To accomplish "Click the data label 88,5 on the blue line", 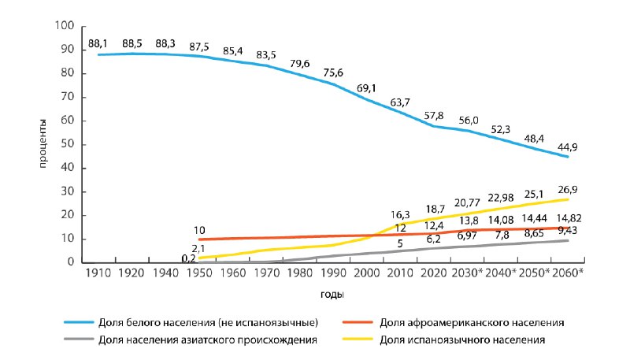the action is (132, 43).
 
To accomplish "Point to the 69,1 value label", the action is (366, 88).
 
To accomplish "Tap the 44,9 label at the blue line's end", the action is (567, 147).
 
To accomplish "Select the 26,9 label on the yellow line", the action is (567, 189).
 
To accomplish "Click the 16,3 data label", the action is (400, 216).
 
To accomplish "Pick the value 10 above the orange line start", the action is (199, 231).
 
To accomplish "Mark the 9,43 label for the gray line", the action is (568, 230).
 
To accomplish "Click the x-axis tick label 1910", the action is (98, 273).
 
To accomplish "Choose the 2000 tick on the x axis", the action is (366, 273).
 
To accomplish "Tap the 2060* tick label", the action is (567, 273).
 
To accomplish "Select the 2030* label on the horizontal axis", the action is (467, 273).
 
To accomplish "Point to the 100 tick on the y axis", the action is (65, 26).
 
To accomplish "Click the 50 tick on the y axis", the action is (68, 144).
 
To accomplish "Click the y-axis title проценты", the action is (43, 144).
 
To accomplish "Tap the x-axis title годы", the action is (332, 295).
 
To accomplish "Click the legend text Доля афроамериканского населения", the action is (472, 323).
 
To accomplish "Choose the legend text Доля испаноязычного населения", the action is (462, 340).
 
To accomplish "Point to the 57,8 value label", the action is (434, 116).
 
